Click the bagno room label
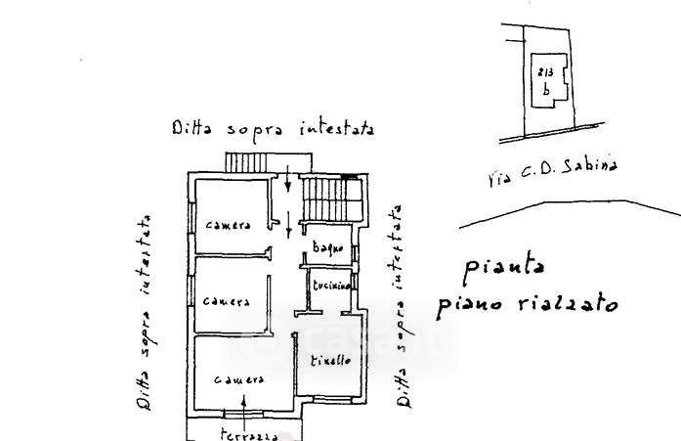tap(326, 249)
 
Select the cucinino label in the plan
tap(326, 285)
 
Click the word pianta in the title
tap(504, 266)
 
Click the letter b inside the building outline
tap(546, 89)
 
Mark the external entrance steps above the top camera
tap(246, 162)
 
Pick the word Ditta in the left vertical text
tap(144, 390)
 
